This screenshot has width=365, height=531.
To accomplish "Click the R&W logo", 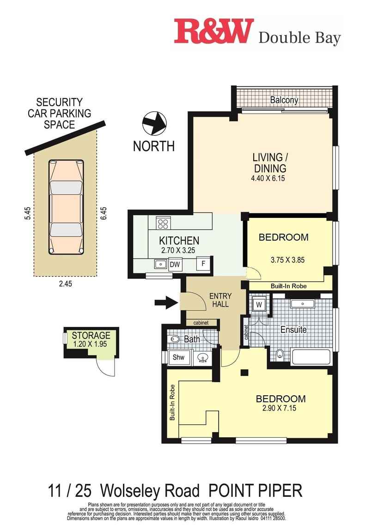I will coord(214,31).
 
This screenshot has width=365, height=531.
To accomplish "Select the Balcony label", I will coord(284,100).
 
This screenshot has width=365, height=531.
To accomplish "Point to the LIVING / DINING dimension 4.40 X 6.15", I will coord(269,178).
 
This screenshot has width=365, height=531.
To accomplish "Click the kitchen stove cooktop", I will coord(163,223).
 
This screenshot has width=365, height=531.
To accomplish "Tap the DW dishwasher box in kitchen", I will coord(175,265).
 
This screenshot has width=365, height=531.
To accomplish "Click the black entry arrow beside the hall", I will coord(165,303).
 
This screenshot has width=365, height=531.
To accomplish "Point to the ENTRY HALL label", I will coord(220,300).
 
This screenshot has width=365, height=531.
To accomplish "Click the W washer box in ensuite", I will coord(258,305).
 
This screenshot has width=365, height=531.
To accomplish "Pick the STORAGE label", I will coord(91,335).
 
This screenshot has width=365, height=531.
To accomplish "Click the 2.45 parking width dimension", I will coord(65,284).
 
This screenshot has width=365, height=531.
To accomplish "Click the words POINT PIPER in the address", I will coord(255,490).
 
